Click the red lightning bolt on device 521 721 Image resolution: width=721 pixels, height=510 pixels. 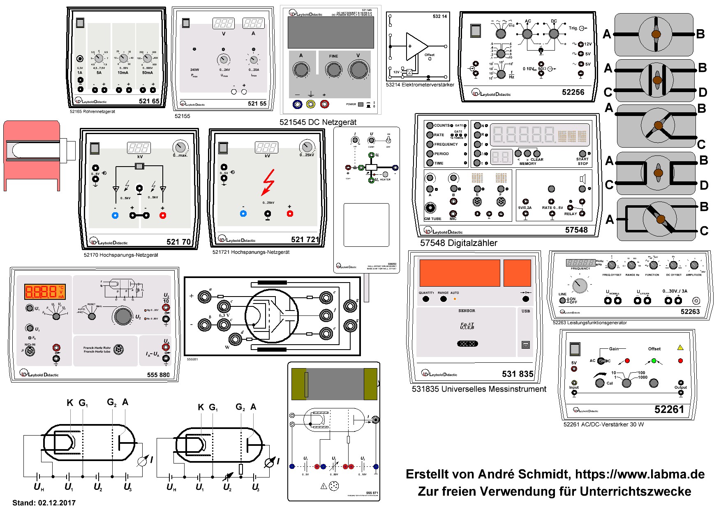point(268,183)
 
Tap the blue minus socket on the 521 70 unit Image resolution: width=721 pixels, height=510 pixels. point(115,216)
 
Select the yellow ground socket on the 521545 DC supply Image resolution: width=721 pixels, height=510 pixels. point(311,104)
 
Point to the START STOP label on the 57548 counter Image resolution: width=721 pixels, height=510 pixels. point(582,161)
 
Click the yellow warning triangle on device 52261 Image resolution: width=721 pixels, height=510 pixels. point(680,348)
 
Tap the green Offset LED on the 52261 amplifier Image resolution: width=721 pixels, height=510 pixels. point(654,361)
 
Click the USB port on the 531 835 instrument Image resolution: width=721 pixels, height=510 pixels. point(526,345)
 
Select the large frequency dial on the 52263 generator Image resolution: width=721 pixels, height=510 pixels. point(580,284)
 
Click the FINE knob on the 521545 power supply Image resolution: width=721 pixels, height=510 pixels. point(333,70)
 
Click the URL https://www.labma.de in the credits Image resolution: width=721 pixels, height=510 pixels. point(640,474)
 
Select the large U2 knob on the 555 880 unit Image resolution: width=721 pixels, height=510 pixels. point(123,315)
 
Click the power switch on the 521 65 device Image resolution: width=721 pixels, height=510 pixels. point(80,23)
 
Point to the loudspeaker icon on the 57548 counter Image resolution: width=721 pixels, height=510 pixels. point(582,178)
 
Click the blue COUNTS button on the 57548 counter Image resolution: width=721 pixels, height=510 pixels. point(430,125)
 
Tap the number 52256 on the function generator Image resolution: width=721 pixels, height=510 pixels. point(573,92)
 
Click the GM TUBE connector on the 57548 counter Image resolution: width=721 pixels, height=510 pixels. point(430,208)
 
